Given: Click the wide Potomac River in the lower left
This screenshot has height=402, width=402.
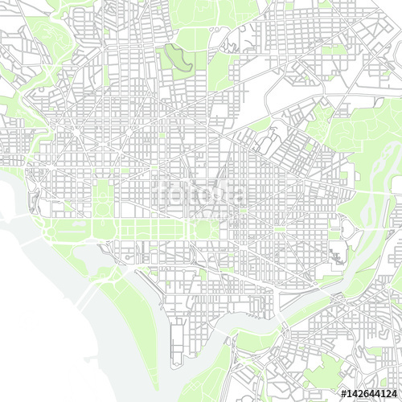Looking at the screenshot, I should coord(48,322).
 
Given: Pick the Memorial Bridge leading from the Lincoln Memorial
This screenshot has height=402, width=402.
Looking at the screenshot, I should coord(32,241).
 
